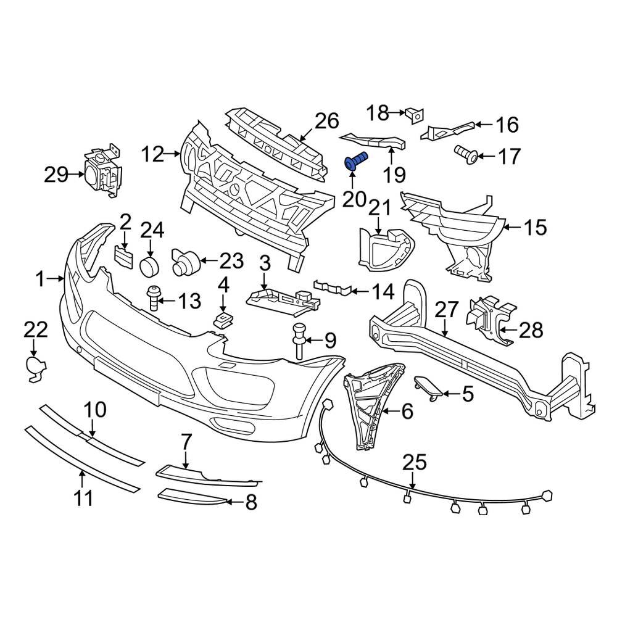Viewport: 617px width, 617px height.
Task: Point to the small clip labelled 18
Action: pos(413,113)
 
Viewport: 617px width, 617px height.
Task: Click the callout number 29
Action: pos(57,175)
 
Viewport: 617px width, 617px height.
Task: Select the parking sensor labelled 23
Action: pos(183,263)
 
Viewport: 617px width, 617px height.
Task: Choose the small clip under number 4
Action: pos(223,318)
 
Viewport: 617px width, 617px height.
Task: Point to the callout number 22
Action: pos(35,329)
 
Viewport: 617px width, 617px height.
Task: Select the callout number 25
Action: pos(415,462)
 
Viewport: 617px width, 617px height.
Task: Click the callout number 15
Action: pos(534,228)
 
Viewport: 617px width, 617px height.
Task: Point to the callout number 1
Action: pos(40,280)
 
